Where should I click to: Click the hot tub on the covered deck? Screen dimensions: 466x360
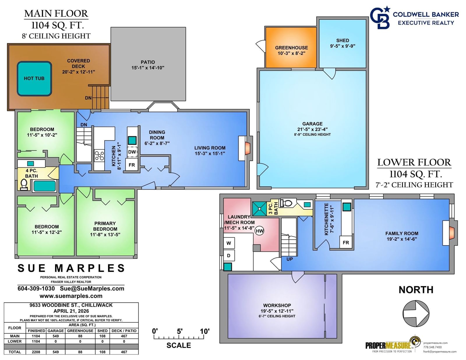pyautogui.click(x=34, y=78)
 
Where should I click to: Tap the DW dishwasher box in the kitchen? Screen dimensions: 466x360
pyautogui.click(x=132, y=152)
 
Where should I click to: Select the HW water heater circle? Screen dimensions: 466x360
pyautogui.click(x=260, y=231)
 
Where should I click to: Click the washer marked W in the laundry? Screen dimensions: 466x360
pyautogui.click(x=229, y=243)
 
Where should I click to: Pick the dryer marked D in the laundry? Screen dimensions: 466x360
pyautogui.click(x=229, y=255)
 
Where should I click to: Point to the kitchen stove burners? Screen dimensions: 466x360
pyautogui.click(x=99, y=156)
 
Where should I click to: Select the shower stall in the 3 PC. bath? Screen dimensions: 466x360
pyautogui.click(x=259, y=209)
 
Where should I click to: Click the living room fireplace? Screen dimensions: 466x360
pyautogui.click(x=246, y=148)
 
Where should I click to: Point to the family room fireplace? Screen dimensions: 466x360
pyautogui.click(x=450, y=233)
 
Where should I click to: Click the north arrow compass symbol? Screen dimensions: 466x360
pyautogui.click(x=416, y=313)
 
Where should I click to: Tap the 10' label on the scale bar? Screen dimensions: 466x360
pyautogui.click(x=204, y=331)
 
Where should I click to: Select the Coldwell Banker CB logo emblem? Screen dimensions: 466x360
pyautogui.click(x=380, y=17)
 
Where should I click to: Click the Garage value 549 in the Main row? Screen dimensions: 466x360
pyautogui.click(x=56, y=336)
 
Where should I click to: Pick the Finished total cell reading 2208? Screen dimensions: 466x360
pyautogui.click(x=36, y=352)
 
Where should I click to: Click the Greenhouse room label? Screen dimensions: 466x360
pyautogui.click(x=292, y=47)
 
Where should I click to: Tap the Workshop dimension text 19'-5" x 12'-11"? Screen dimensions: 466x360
pyautogui.click(x=277, y=311)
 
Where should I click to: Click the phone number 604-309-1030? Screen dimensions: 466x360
pyautogui.click(x=36, y=289)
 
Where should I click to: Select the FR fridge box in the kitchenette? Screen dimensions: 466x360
pyautogui.click(x=346, y=243)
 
